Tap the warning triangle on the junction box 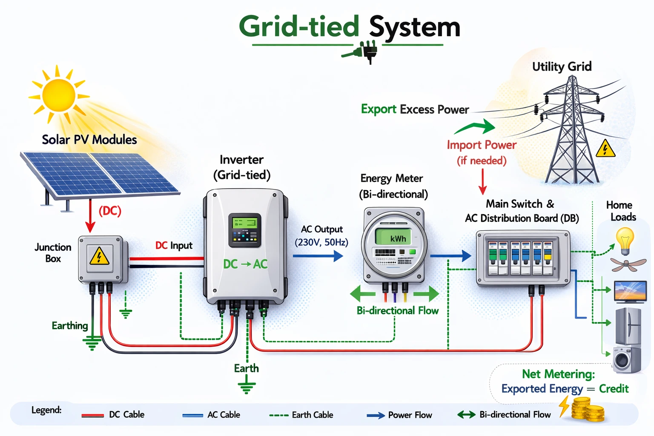coord(99,256)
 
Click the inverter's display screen coord(244,230)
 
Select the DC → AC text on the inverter coord(245,264)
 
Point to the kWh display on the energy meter coord(394,238)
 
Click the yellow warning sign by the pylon coord(605,149)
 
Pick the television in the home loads coord(630,291)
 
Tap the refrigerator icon coord(628,326)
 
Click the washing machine coord(626,360)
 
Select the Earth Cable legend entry coord(301,415)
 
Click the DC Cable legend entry coord(113,415)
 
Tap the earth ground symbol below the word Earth coord(247,387)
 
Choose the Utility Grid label coord(562,66)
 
